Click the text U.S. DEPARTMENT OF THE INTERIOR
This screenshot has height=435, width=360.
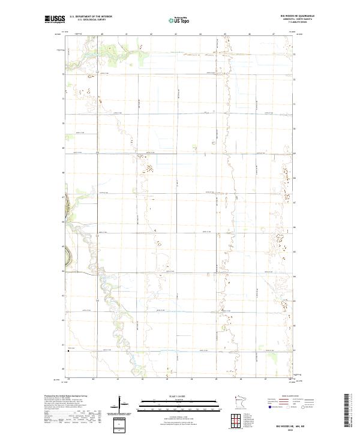(91, 17)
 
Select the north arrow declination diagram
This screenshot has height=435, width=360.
(126, 407)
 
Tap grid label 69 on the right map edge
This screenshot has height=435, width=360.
(295, 153)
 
